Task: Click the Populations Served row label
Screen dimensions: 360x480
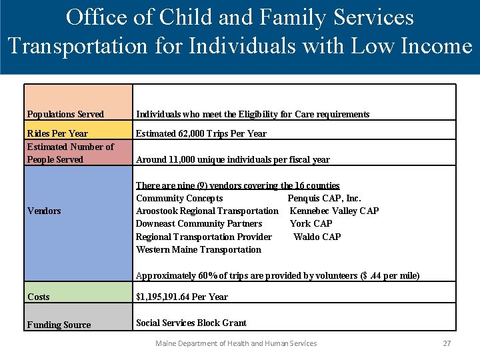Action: click(x=65, y=114)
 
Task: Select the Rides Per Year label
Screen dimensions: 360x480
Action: click(x=57, y=133)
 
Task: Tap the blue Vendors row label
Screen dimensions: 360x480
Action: click(x=44, y=211)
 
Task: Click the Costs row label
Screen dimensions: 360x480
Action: click(x=39, y=297)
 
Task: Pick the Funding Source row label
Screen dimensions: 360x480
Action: click(x=59, y=325)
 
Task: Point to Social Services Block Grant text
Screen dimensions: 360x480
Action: click(x=191, y=323)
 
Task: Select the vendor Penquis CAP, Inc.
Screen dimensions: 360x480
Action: click(x=324, y=198)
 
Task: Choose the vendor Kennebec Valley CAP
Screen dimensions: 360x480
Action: click(x=334, y=211)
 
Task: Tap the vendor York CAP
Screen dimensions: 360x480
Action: click(x=311, y=223)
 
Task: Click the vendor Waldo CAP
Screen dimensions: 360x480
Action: click(x=317, y=237)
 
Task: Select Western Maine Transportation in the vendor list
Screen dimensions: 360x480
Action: click(x=199, y=249)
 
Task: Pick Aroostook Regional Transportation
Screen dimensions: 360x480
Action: click(x=207, y=211)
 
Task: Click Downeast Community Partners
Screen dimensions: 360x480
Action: click(x=199, y=223)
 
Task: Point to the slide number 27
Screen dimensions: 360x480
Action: click(x=447, y=343)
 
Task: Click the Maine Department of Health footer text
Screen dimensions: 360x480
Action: click(x=236, y=343)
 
